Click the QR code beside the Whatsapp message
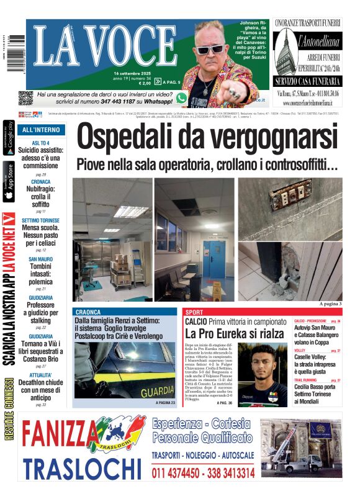tap(25, 98)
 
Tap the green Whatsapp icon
tap(181, 98)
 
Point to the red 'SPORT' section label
tap(194, 312)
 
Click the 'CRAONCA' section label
tap(87, 312)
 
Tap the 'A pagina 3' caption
tap(330, 304)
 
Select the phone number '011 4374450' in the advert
tap(175, 474)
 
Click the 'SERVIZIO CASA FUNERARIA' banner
tap(308, 81)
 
